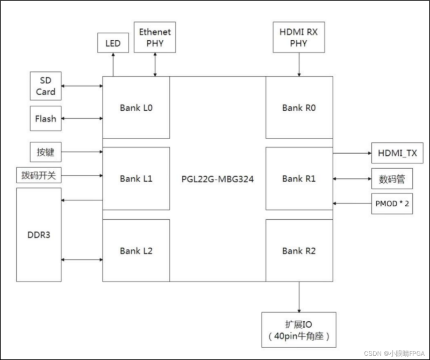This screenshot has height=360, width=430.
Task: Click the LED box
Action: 113,43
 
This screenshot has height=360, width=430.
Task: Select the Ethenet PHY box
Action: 155,38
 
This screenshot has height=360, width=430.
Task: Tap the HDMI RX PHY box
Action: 299,38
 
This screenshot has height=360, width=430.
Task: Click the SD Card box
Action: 46,87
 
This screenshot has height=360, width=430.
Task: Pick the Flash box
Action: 46,119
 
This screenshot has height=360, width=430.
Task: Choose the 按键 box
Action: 46,153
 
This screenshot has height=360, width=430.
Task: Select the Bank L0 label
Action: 137,107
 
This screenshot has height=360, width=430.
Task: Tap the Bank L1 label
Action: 137,178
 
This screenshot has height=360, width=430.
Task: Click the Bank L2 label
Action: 137,250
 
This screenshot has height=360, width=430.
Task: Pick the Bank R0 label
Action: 299,107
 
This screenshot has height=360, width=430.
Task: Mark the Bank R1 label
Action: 299,178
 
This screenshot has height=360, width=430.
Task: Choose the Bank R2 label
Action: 299,250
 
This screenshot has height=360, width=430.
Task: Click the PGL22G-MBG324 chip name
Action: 218,178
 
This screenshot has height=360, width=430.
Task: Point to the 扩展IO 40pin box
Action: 298,330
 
